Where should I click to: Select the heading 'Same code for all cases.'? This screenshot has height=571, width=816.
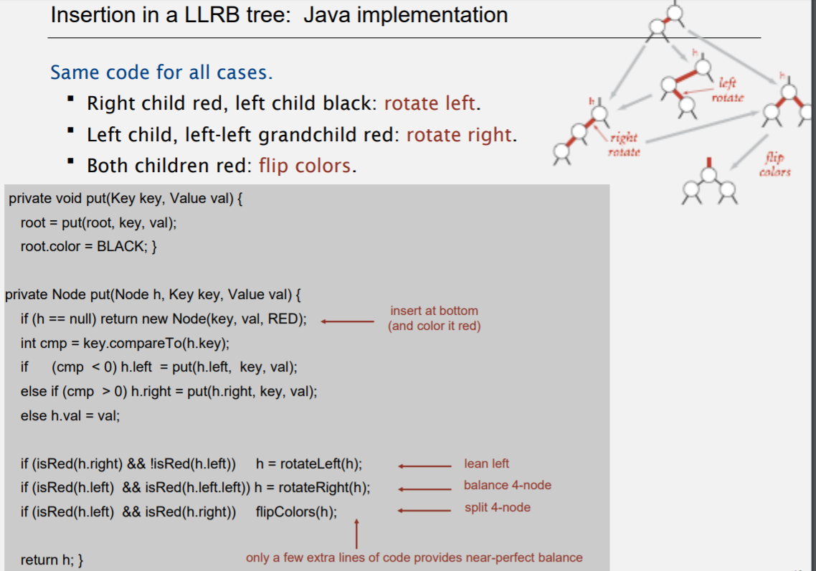(x=161, y=72)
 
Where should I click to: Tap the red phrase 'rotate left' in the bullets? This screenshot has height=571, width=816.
(x=430, y=103)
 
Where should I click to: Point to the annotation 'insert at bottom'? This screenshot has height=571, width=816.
(x=434, y=311)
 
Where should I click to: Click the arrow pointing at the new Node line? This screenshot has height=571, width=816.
(x=347, y=321)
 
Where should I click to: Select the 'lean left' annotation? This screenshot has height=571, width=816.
(x=486, y=463)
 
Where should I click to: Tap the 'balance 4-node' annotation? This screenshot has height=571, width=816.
(x=507, y=485)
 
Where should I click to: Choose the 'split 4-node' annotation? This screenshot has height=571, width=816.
(x=497, y=507)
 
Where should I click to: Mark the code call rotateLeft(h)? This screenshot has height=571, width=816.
(x=321, y=464)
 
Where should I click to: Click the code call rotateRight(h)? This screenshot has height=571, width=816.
(x=324, y=489)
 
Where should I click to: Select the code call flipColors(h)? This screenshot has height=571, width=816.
(x=296, y=512)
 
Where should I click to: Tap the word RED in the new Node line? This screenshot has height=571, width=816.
(x=285, y=319)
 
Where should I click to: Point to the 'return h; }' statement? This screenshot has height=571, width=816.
(x=52, y=560)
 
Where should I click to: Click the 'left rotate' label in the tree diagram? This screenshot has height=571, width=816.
(x=727, y=90)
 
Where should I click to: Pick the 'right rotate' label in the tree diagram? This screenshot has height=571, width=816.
(x=623, y=144)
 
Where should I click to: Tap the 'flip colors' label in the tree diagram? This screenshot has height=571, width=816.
(x=774, y=164)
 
